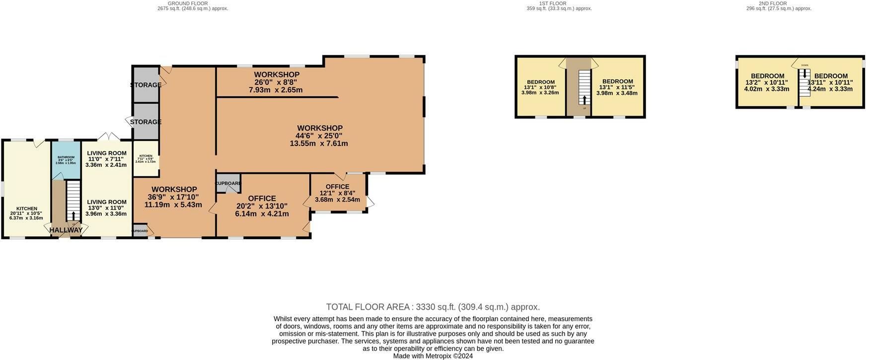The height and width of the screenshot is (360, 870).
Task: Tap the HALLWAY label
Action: (x=66, y=230)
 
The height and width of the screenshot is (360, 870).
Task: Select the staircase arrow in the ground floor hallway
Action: (x=73, y=216)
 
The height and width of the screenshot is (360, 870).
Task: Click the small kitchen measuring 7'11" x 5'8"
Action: (x=145, y=158)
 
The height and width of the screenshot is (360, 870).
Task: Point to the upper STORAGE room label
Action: (x=146, y=85)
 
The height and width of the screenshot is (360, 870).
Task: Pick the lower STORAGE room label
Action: (x=145, y=122)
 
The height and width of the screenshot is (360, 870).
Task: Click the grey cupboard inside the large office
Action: (x=228, y=183)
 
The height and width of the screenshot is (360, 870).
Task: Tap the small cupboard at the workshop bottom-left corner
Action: (x=140, y=231)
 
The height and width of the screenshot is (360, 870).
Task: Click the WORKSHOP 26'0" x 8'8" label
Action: (x=277, y=82)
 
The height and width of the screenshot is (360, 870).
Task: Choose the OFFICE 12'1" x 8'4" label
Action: (x=337, y=193)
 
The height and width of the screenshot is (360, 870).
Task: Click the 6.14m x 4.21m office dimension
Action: (x=262, y=214)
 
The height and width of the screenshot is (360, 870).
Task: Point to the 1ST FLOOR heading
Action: (x=553, y=3)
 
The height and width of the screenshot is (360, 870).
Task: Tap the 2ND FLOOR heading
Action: (x=773, y=3)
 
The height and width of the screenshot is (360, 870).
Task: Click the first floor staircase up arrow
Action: (x=584, y=100)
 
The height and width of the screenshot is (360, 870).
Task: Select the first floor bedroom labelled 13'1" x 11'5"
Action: (x=617, y=87)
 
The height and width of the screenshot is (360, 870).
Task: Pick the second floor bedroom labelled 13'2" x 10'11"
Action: (x=767, y=82)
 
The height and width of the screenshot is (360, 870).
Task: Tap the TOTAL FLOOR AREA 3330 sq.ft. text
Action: (x=433, y=307)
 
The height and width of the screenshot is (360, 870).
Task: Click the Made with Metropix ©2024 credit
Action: (x=433, y=356)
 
